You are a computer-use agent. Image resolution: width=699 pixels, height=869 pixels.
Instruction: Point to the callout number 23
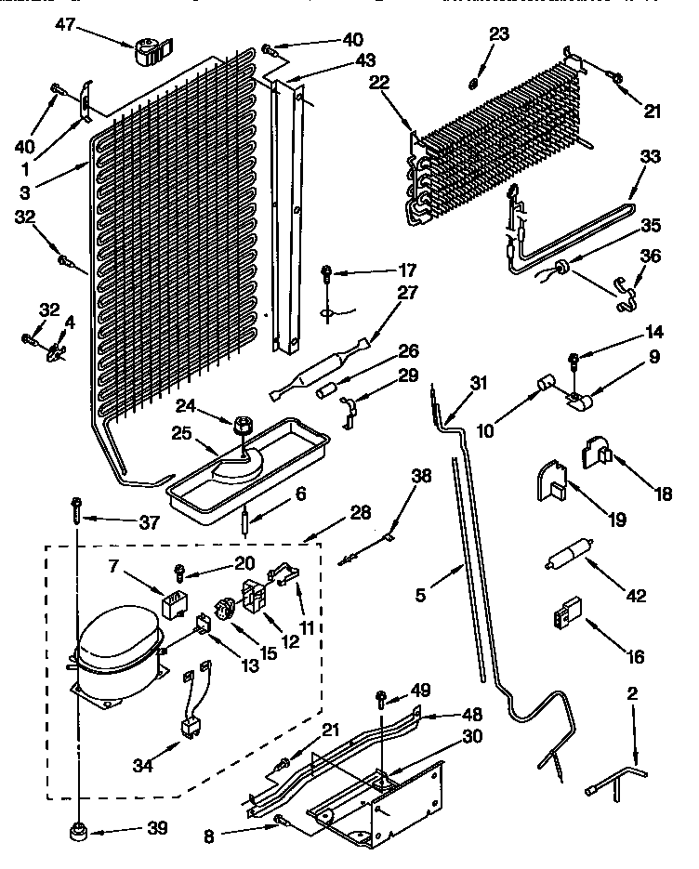click(499, 34)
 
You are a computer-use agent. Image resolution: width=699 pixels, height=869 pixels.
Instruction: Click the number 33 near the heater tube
click(650, 157)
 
